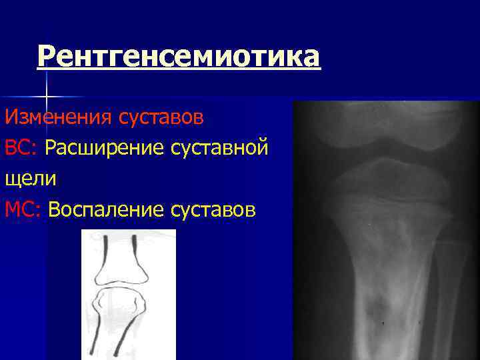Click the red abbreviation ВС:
(x=22, y=148)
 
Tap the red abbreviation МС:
(x=23, y=209)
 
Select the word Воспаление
(x=106, y=209)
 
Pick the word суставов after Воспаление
(x=213, y=209)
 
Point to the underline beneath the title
(x=179, y=69)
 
